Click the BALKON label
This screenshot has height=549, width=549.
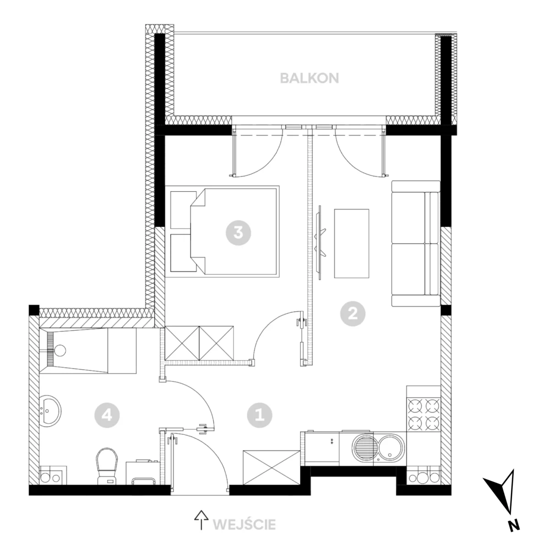coord(309,78)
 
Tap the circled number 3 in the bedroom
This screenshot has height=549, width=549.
coord(238,233)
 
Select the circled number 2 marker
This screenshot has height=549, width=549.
coord(353,314)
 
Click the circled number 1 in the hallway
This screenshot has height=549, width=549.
coord(259,415)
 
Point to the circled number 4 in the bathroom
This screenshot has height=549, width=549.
coord(107,415)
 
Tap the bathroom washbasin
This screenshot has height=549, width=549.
coord(51,411)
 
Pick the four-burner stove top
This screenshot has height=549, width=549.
coord(424,415)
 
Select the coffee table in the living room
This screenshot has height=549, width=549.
coord(351,243)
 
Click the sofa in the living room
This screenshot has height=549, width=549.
coord(416,243)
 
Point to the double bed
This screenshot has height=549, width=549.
coord(222,231)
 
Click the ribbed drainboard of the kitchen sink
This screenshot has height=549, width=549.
coord(364,447)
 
